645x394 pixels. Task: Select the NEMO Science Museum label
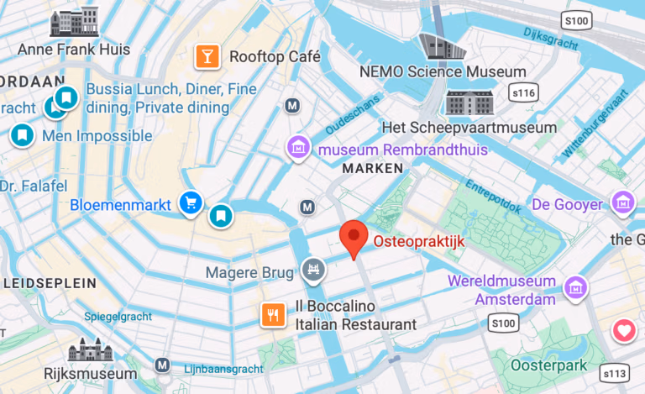(443, 72)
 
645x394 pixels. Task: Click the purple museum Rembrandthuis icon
(296, 149)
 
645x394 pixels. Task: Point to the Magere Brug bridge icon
(312, 270)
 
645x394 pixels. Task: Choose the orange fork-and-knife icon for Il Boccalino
(272, 315)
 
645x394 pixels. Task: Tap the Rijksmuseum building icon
(89, 350)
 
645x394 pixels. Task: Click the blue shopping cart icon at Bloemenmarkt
(191, 202)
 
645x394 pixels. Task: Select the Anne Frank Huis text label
(75, 50)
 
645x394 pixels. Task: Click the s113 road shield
(616, 372)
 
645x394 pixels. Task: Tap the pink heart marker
(623, 331)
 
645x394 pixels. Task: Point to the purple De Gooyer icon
(622, 202)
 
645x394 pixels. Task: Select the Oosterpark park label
(550, 365)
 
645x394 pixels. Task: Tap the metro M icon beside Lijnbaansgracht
(162, 365)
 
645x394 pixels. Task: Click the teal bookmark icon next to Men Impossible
(23, 134)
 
